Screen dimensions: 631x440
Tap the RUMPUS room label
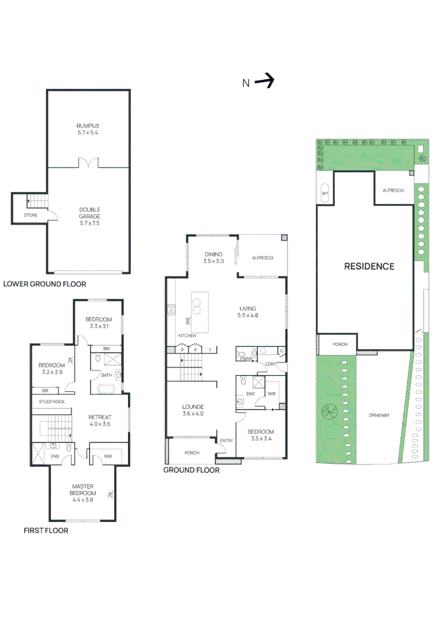click(x=88, y=129)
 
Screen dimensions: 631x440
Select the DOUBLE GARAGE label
click(x=89, y=216)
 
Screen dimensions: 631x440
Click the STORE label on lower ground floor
click(x=30, y=216)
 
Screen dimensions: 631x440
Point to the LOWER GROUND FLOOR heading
click(x=44, y=285)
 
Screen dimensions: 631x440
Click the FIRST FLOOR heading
click(x=46, y=531)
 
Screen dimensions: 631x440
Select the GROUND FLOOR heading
click(x=191, y=470)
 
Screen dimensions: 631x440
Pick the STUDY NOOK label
click(x=51, y=402)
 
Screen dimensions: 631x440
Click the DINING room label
click(x=213, y=257)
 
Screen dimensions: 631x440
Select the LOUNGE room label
click(x=192, y=410)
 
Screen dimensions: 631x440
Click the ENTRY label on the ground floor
click(x=226, y=441)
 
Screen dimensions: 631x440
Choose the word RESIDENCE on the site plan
click(x=369, y=266)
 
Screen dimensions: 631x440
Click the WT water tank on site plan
click(x=325, y=193)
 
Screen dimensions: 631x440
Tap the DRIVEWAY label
click(x=379, y=415)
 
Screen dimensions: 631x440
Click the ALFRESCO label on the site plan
click(x=393, y=190)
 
